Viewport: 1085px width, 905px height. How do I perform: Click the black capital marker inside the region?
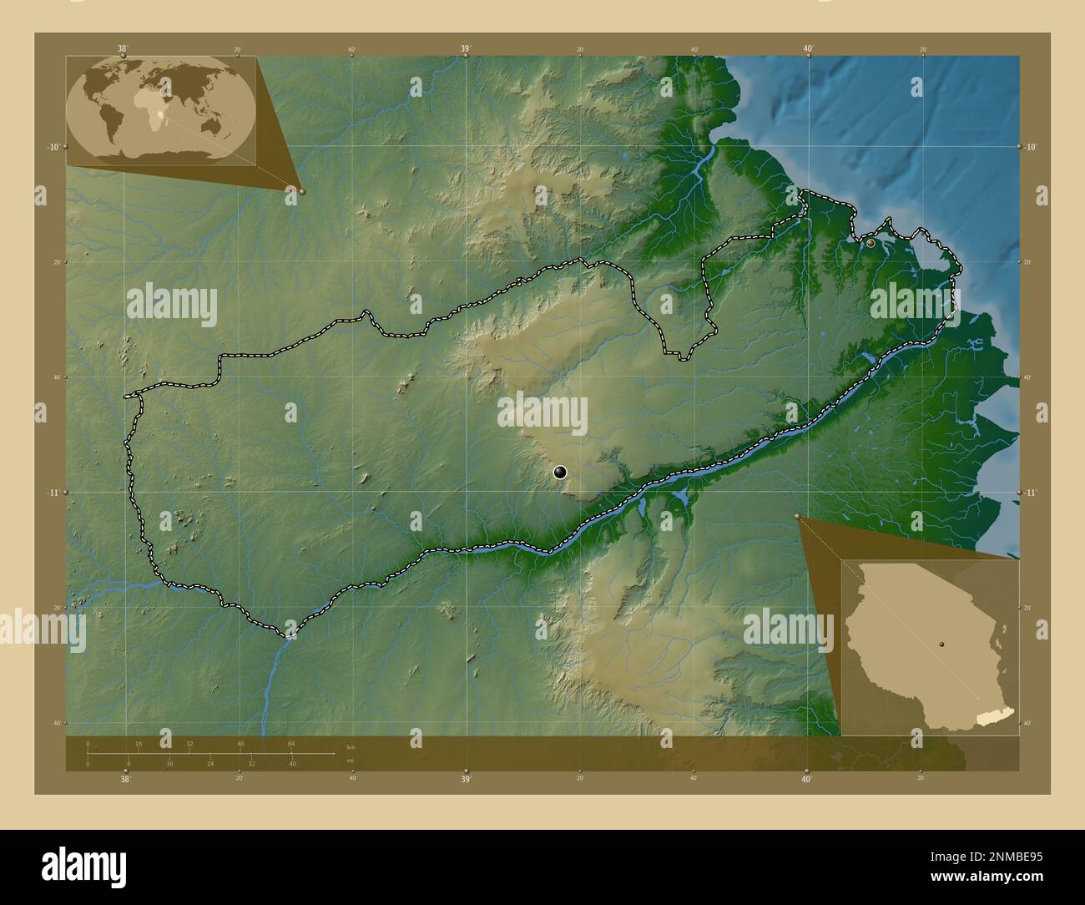click(x=560, y=473)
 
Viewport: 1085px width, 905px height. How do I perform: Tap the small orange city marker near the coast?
click(x=871, y=243)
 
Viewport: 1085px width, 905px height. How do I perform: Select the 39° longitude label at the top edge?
click(x=466, y=48)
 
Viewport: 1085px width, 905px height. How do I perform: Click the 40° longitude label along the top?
click(x=808, y=48)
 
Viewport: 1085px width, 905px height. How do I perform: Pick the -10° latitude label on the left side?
click(x=53, y=147)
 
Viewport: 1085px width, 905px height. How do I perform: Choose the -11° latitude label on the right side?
click(x=1032, y=493)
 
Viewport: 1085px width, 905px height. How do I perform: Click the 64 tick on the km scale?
click(x=291, y=743)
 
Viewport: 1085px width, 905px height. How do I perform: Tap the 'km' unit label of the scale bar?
click(x=351, y=747)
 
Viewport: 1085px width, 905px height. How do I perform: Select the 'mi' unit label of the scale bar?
click(x=351, y=760)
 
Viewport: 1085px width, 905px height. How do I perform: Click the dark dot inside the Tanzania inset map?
click(x=941, y=644)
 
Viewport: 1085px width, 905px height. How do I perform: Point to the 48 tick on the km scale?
click(x=240, y=743)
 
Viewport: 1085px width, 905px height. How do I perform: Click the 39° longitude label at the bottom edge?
click(x=466, y=780)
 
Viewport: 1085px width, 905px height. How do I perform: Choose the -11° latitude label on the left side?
click(x=53, y=493)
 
